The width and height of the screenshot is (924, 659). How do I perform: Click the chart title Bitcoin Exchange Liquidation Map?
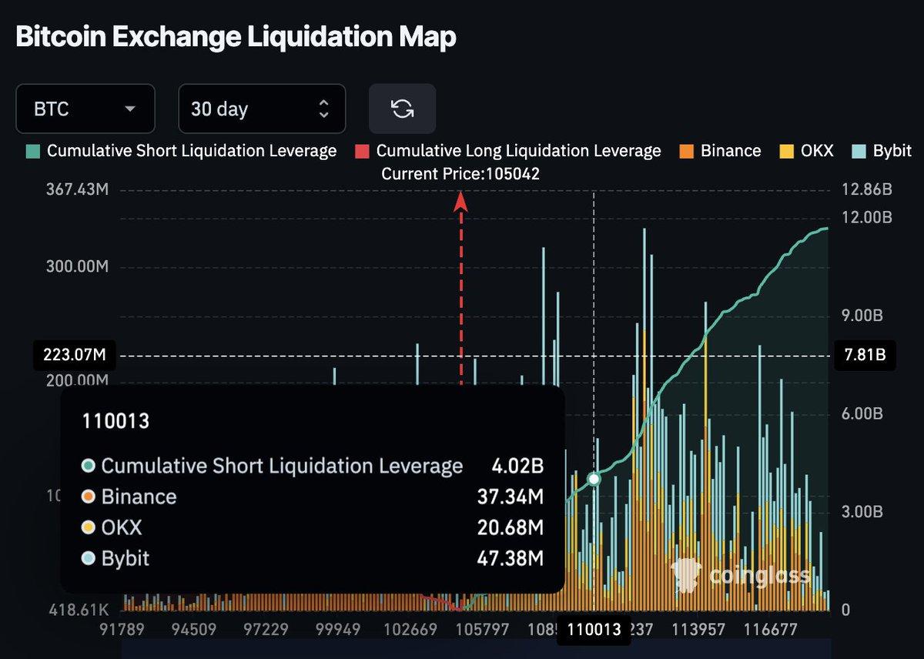point(236,36)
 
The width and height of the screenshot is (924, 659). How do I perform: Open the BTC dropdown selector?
point(85,109)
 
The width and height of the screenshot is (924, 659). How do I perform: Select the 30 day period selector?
point(262,109)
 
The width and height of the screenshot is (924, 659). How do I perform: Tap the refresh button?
point(402,109)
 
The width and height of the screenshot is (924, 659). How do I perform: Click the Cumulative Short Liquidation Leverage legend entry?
point(182,151)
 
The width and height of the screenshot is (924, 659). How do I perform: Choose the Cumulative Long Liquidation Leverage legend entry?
point(508,151)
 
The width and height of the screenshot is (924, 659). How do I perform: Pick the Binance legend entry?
point(720,151)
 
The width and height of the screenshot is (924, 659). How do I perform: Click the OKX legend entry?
point(807,151)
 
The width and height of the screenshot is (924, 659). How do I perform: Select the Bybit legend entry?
point(882,151)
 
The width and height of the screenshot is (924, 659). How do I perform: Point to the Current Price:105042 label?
point(460,174)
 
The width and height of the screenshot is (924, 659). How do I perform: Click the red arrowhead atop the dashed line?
point(461,200)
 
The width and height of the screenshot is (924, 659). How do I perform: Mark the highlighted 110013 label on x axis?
point(594,630)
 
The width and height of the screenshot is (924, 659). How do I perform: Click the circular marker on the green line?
point(594,479)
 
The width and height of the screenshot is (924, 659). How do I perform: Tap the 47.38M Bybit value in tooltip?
point(517,558)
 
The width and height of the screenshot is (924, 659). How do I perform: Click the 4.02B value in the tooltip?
point(517,466)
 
